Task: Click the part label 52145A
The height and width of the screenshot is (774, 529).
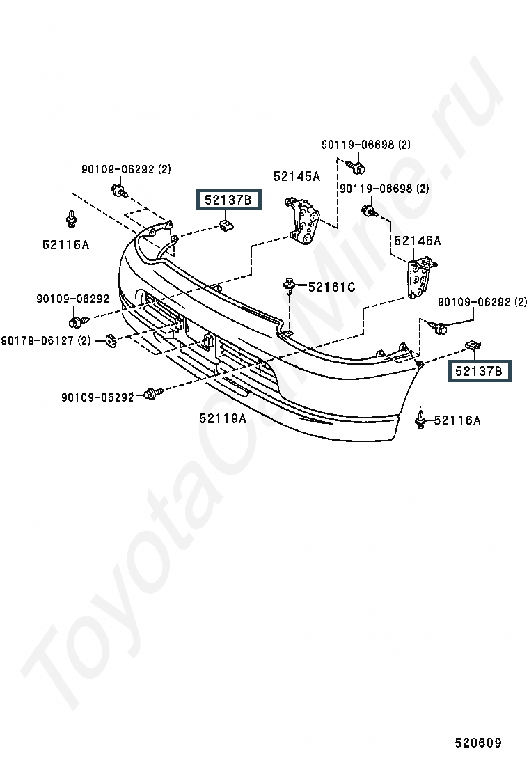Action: coord(297,176)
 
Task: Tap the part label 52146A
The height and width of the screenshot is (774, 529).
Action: coord(418,240)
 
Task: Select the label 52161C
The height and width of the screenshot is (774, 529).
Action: coord(331,287)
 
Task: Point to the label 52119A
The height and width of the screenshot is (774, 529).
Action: coord(223,418)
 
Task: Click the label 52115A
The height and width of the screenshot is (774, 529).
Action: coord(65,244)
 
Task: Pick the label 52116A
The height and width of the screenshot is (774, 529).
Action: coord(457,420)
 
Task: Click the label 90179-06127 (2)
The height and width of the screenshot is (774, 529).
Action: coord(46,340)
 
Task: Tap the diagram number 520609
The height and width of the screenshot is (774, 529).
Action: coord(477,742)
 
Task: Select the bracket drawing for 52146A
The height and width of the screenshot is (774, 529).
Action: coord(420,278)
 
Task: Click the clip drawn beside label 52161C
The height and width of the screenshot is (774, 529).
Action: coord(289,285)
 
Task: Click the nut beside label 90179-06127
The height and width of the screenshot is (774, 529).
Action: coord(111,340)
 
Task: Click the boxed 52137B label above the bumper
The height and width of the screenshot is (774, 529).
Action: coord(228,200)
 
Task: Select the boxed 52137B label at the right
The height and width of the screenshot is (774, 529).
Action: coord(479,371)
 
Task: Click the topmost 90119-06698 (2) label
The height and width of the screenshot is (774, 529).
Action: coord(365,145)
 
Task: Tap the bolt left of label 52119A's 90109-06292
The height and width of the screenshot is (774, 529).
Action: coord(152,393)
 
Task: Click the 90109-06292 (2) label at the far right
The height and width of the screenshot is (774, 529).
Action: coord(482,301)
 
